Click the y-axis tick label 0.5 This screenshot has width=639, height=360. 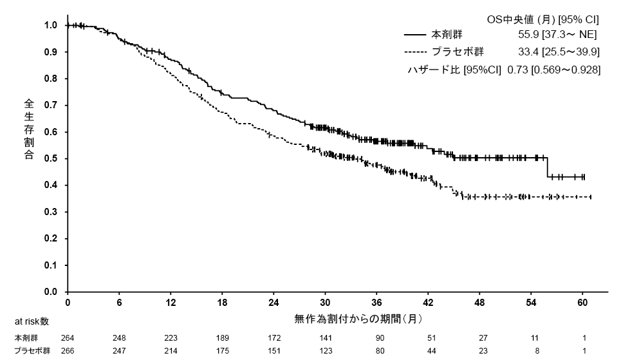click(x=51, y=158)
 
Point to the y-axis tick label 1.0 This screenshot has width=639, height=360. click(x=51, y=25)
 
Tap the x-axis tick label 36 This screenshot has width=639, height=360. click(x=377, y=303)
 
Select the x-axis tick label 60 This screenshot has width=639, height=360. click(x=583, y=303)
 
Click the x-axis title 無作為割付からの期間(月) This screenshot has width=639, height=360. click(x=358, y=318)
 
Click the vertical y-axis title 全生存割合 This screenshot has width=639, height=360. click(x=30, y=129)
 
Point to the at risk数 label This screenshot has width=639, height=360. click(x=31, y=321)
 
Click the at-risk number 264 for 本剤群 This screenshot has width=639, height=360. click(x=68, y=337)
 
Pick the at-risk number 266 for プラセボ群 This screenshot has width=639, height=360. click(x=68, y=351)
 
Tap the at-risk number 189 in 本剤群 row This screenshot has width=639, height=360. click(x=222, y=337)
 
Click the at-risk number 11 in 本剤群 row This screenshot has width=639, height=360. click(x=532, y=337)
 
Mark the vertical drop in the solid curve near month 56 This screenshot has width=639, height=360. click(x=547, y=167)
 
